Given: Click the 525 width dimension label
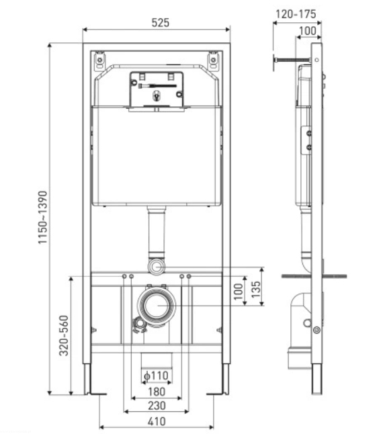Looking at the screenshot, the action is point(161,23).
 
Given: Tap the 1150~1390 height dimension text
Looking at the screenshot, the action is point(43,218).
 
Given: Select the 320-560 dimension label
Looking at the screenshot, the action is point(64,335).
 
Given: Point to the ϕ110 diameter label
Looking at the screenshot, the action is point(157,376).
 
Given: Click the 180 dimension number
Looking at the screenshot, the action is point(157,392).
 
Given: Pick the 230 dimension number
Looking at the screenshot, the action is point(157,406).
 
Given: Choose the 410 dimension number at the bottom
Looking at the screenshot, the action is point(157,421).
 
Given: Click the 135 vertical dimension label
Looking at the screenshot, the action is point(256,290).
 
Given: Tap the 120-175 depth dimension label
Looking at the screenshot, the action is point(296,14).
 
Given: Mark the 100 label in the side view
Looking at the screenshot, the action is point(308,31).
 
